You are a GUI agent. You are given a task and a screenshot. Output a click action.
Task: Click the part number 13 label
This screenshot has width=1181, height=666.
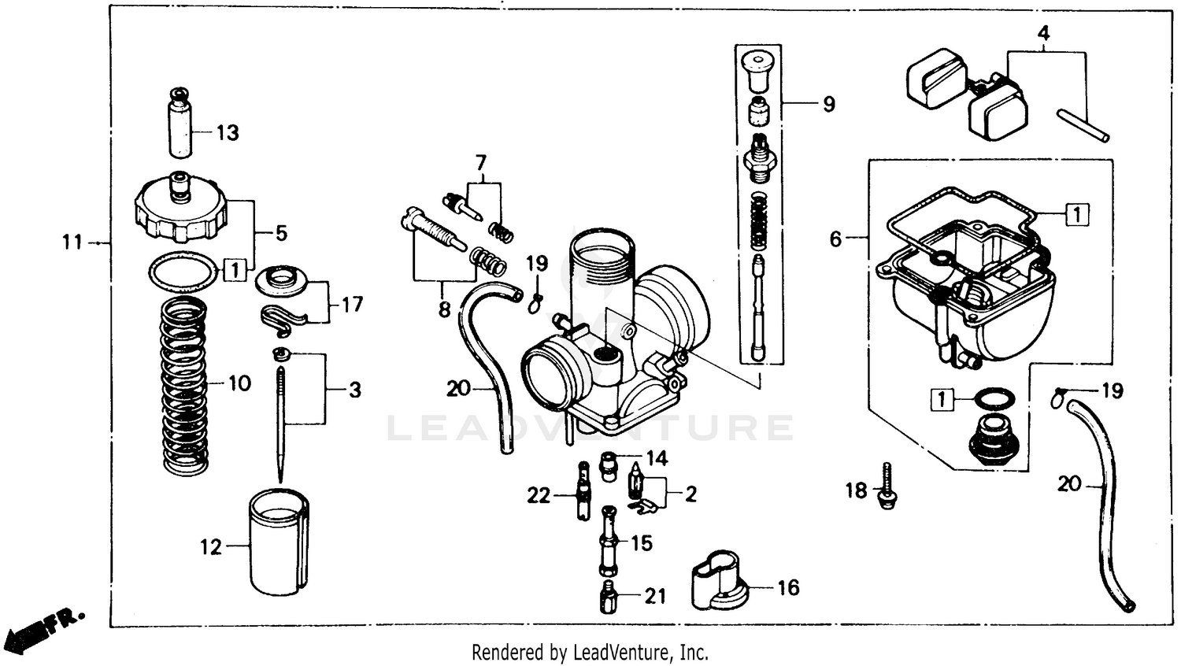tap(228, 133)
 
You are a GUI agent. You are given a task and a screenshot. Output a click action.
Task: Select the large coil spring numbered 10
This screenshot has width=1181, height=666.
tap(184, 386)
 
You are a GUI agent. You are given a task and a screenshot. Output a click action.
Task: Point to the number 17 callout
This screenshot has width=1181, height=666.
tap(352, 304)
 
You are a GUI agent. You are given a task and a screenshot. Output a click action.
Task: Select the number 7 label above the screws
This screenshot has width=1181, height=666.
tap(481, 163)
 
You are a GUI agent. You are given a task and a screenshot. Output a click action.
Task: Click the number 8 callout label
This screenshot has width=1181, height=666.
tap(444, 310)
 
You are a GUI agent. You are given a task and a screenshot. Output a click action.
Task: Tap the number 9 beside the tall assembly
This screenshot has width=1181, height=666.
tap(828, 104)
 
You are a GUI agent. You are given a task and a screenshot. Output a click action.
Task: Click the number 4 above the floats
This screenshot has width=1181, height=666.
tap(1043, 34)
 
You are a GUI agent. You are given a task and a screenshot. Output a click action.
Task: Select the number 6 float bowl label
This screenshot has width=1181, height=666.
tap(836, 239)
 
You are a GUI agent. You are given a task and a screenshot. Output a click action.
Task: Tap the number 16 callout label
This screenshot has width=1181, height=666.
tap(788, 587)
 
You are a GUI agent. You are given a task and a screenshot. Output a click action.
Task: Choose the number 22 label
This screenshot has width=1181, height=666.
tap(539, 495)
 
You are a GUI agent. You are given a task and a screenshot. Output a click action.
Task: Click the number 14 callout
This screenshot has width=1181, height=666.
tap(657, 458)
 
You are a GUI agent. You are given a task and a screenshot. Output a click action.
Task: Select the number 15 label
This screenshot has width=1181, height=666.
tap(642, 543)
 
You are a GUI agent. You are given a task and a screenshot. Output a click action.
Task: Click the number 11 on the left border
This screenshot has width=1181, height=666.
tap(72, 242)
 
